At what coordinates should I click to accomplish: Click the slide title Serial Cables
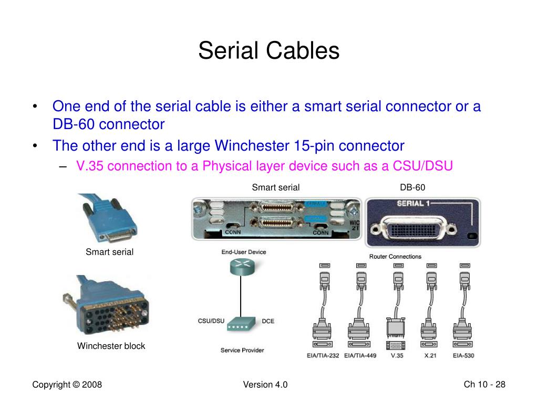coord(268,51)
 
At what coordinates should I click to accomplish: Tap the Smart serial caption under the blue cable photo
coord(109,252)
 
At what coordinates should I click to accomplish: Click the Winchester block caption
coord(111,346)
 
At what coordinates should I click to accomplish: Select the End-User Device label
coord(243,252)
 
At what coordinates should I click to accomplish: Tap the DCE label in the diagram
coord(268,321)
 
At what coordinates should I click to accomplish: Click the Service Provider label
coord(242,350)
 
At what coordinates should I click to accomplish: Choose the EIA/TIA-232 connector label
coord(323,356)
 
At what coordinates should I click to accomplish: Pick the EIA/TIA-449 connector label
coord(360,356)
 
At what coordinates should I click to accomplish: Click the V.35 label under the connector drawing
coord(397,356)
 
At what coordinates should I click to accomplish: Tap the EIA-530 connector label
coord(463,356)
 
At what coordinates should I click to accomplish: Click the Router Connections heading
coord(395,257)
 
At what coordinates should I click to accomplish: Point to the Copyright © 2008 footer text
coord(67,385)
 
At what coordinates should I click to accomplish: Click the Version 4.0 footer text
coord(265,385)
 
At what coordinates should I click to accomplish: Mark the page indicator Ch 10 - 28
coord(484,385)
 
